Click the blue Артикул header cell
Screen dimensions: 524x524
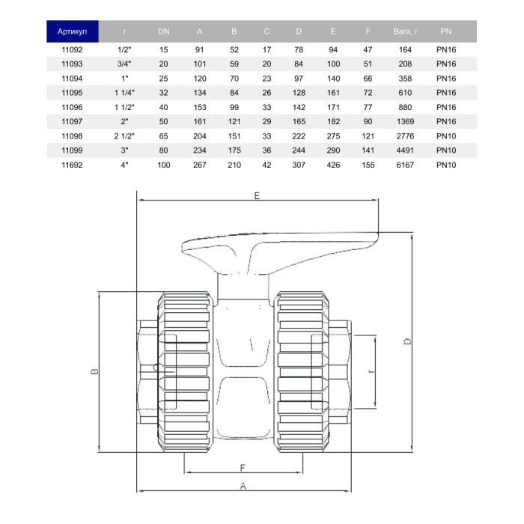pos(73,31)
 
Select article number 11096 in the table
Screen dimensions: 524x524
pos(72,107)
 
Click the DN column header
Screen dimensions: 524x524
pos(164,31)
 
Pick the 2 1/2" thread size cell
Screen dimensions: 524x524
pos(122,135)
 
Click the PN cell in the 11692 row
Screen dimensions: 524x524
pos(445,164)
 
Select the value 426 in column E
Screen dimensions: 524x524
pos(333,164)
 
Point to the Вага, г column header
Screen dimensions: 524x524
pos(405,31)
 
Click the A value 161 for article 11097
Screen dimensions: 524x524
pos(200,121)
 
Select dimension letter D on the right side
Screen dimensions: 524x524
pos(407,341)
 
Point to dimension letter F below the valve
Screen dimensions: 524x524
pos(243,468)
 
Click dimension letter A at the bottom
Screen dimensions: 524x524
pos(243,486)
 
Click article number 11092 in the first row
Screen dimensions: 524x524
pos(72,50)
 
